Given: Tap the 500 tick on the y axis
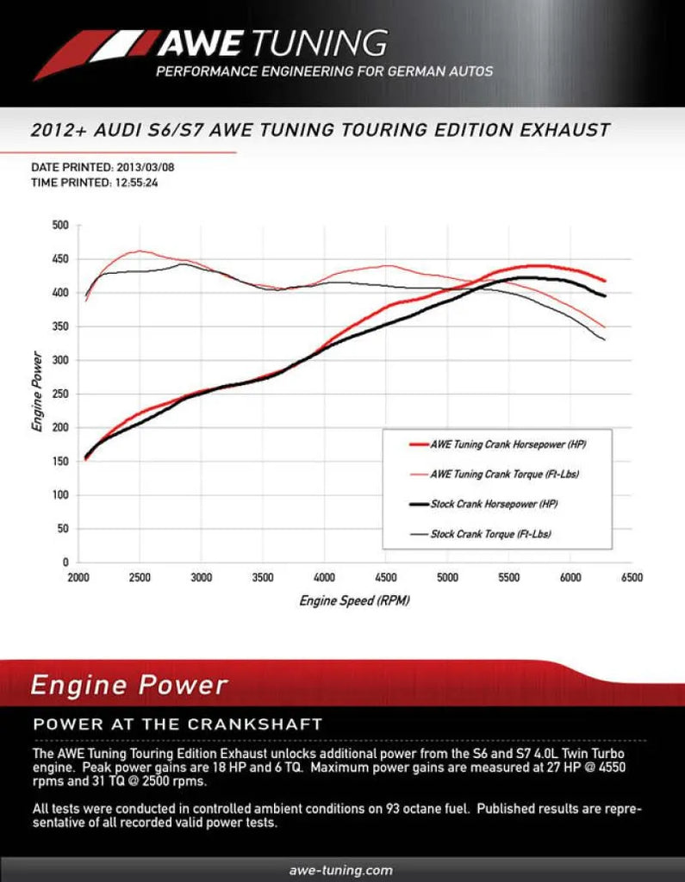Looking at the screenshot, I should click(59, 226).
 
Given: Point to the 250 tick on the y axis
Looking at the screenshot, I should click(59, 394).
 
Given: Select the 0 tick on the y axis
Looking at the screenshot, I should click(65, 562).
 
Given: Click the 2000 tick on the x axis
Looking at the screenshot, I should click(78, 579).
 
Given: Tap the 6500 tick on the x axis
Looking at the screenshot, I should click(632, 579).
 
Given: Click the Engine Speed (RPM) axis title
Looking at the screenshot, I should click(354, 600).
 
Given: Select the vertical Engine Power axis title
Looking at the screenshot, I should click(38, 392).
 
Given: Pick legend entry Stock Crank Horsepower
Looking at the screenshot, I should click(497, 504).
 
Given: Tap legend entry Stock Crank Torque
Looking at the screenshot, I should click(490, 534).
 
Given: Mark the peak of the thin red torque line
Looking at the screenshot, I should click(140, 252).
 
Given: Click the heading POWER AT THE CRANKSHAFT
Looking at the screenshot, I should click(177, 724).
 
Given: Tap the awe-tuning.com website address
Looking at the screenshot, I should click(342, 870).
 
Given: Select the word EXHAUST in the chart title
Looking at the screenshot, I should click(560, 131).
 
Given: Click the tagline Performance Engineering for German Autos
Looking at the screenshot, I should click(324, 71).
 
